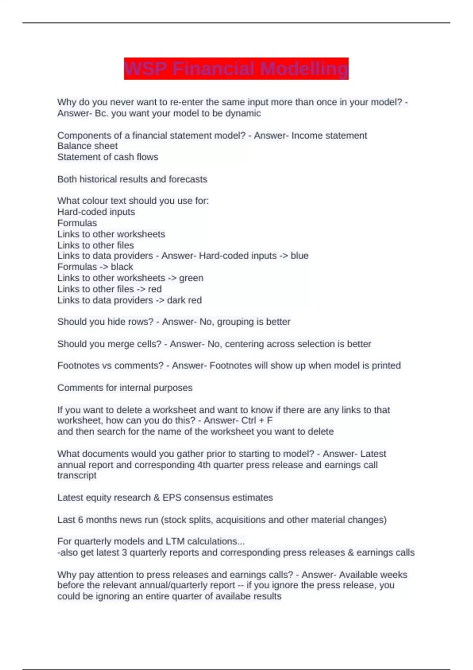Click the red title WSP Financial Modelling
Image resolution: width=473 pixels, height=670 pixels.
click(236, 69)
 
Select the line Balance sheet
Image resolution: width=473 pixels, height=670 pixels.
click(88, 146)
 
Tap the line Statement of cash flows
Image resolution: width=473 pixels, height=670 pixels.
click(108, 157)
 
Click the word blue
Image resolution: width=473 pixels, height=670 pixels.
click(300, 256)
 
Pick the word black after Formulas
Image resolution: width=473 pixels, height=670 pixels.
click(122, 267)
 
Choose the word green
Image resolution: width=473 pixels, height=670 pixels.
click(191, 278)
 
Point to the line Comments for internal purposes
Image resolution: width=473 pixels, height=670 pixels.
click(125, 388)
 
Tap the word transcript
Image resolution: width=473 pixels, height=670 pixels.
click(77, 475)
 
